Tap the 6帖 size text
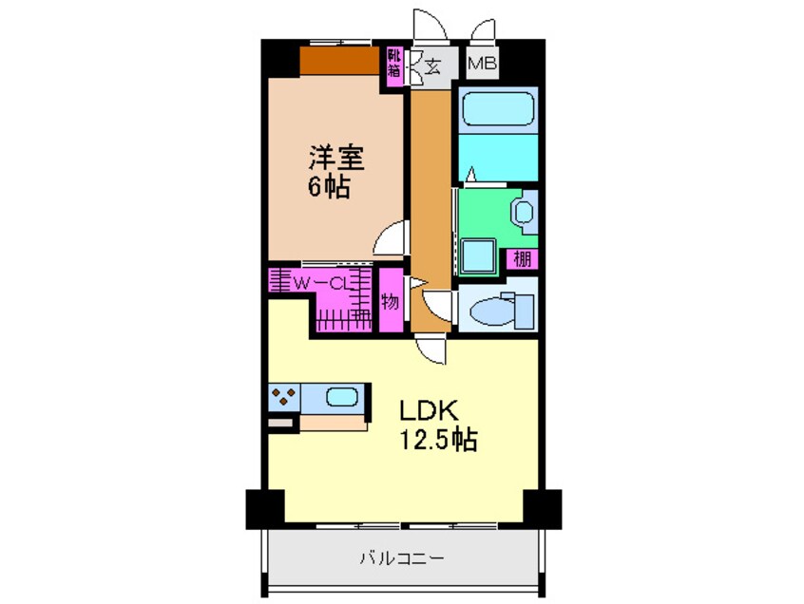tap(327, 186)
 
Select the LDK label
tap(429, 411)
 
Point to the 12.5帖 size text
tap(437, 440)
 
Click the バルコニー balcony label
tap(400, 557)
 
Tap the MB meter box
tap(483, 66)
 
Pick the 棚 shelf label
tap(523, 259)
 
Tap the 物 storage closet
tap(390, 302)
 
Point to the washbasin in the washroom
tap(524, 211)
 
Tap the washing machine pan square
tap(477, 255)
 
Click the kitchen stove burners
tap(283, 397)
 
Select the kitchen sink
tap(340, 397)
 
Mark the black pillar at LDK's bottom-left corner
tap(263, 508)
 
